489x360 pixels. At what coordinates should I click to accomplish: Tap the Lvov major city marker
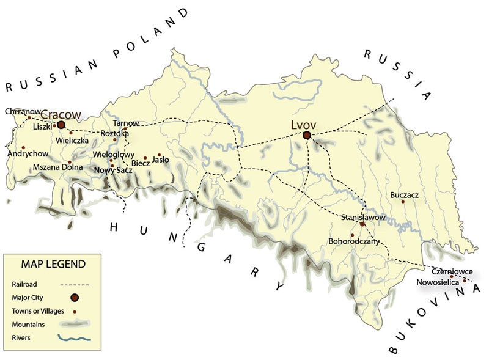point(307,135)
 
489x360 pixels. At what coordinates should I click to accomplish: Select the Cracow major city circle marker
point(61,124)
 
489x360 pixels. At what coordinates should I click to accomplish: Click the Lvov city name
point(304,123)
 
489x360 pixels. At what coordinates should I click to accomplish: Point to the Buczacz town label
point(404,196)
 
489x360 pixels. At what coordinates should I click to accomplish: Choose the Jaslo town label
point(160,160)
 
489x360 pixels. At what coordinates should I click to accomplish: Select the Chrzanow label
point(23,111)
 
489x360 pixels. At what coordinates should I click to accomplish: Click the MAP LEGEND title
point(53,264)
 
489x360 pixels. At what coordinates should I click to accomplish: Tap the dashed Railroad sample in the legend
point(75,284)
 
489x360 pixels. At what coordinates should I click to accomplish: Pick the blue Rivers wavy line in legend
point(75,337)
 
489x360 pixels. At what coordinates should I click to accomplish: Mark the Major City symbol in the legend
point(75,298)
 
